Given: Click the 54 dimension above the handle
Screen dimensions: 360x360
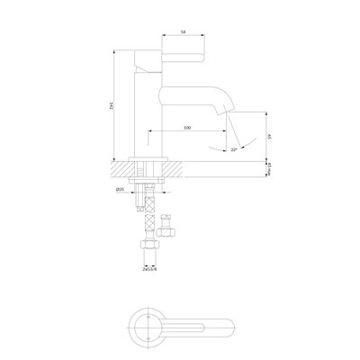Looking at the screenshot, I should click(184, 31).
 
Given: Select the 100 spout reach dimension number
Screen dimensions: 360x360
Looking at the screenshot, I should click(186, 127).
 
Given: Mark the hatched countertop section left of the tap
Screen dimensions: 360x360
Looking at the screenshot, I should click(120, 167).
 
